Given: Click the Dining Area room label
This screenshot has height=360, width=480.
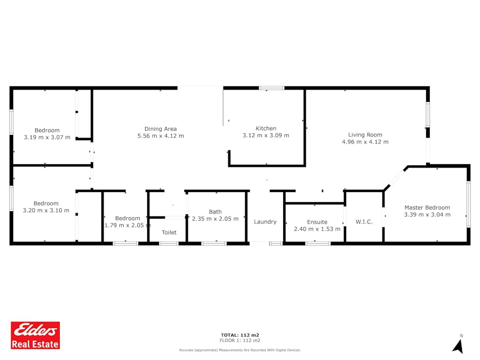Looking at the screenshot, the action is [161, 129].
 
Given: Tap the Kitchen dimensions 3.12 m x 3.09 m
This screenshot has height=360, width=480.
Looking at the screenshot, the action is [266, 135].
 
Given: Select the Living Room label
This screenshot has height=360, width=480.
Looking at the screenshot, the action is [365, 135].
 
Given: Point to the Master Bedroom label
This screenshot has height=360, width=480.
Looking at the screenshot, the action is [427, 207].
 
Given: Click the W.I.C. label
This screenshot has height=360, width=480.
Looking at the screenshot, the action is [364, 222].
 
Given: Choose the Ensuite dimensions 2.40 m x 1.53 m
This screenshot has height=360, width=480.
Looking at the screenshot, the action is [317, 229].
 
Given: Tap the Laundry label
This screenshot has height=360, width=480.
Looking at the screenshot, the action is [265, 222].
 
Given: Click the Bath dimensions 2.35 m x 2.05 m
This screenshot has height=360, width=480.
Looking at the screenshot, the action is [215, 219].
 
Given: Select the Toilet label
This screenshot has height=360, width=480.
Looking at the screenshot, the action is [169, 233].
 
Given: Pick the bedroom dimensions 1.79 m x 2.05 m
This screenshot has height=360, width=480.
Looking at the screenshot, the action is [127, 225].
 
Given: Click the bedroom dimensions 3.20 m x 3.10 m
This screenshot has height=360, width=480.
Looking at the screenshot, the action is [46, 210].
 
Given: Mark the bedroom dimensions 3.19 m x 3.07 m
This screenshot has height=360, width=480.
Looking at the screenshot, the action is [47, 137].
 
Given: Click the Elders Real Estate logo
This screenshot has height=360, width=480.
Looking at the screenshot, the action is [35, 335].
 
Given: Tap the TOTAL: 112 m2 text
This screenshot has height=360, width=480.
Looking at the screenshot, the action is [240, 335].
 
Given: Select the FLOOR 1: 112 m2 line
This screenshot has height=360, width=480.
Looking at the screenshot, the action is [240, 340].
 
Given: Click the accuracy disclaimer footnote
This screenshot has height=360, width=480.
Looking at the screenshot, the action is [240, 350].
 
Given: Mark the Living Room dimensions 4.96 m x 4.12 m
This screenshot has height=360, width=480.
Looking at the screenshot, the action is [365, 142].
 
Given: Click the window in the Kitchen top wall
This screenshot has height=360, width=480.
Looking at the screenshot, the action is [271, 88].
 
